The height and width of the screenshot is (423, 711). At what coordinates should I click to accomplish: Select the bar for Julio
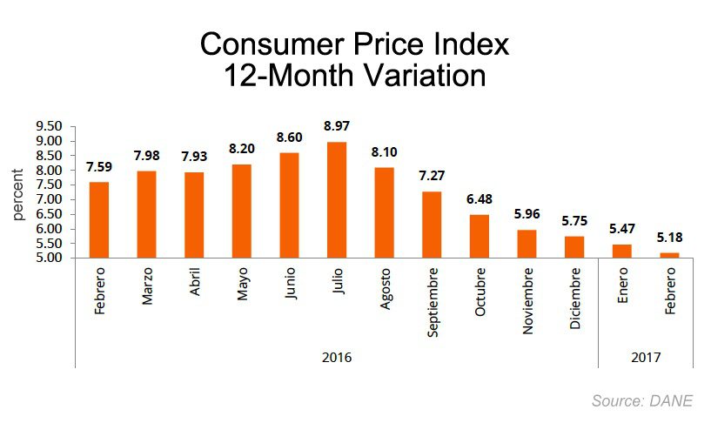(x=336, y=199)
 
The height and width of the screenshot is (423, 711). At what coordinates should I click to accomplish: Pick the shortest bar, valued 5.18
(x=669, y=254)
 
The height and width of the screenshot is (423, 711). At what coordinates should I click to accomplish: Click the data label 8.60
(x=289, y=138)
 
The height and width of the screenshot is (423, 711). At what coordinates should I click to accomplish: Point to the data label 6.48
(x=479, y=199)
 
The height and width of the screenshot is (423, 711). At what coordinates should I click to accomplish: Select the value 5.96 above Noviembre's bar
(x=527, y=214)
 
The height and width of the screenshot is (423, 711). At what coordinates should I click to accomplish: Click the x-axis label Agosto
(x=385, y=292)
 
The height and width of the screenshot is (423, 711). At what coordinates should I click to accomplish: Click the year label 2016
(x=337, y=357)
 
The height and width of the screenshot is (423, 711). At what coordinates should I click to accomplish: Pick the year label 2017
(x=646, y=357)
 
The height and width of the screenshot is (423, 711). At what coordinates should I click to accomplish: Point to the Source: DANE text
(x=642, y=400)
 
